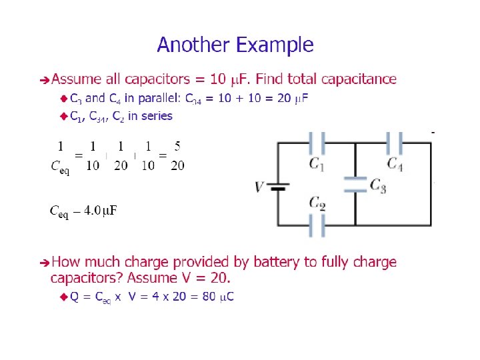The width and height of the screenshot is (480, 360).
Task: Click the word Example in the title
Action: point(275,46)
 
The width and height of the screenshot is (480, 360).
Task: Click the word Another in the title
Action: point(194,45)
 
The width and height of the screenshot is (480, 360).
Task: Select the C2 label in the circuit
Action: point(317,203)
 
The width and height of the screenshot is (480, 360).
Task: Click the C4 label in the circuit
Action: point(395,163)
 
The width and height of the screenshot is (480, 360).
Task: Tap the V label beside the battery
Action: point(259,187)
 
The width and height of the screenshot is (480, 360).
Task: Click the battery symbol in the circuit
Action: point(279,187)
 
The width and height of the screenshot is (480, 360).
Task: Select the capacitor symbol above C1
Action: point(317,142)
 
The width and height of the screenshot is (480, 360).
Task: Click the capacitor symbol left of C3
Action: point(355,184)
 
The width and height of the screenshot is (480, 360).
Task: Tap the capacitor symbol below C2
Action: point(317,225)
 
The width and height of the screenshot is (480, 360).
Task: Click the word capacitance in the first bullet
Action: point(359,79)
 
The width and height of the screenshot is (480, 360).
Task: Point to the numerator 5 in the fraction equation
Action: point(177,146)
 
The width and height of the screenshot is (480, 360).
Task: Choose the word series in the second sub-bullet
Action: point(157,116)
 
